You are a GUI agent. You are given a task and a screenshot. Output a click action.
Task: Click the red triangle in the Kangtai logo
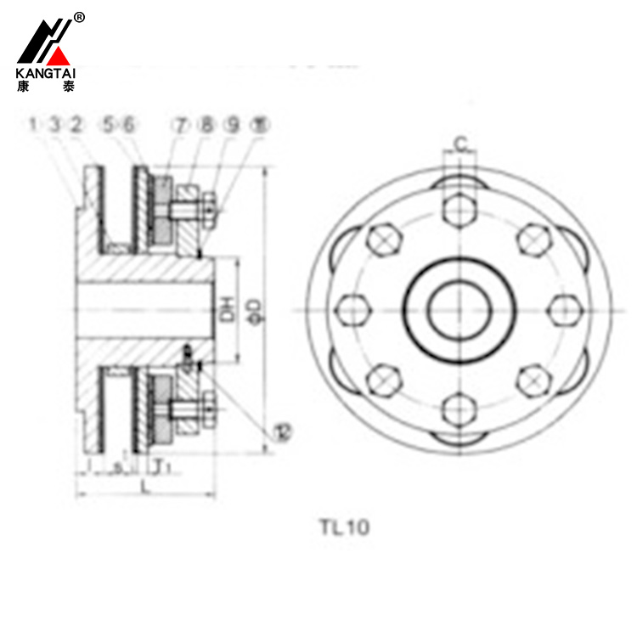pos(59,57)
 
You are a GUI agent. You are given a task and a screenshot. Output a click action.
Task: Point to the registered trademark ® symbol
pos(79,17)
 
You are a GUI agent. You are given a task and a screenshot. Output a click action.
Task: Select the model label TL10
pos(344,527)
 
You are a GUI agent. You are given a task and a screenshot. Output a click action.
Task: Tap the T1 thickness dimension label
pos(163,465)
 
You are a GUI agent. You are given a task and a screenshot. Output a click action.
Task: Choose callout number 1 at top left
pos(33,126)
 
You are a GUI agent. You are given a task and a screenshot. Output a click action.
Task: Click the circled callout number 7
pos(182,126)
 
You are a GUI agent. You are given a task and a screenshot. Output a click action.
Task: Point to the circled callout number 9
pos(231,126)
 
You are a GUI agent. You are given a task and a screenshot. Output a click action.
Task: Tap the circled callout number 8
pos(206,126)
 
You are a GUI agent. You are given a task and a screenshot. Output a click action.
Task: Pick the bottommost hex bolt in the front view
pos(459,410)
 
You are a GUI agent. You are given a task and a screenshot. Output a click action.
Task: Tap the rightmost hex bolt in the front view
pos(561,309)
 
